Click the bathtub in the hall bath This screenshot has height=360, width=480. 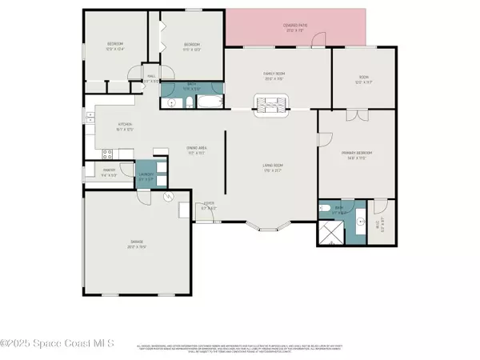pyautogui.click(x=207, y=102)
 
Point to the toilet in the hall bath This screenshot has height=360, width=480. pyautogui.click(x=186, y=102)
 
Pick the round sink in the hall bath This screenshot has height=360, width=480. pyautogui.click(x=170, y=102)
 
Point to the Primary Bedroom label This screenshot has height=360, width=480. pyautogui.click(x=358, y=154)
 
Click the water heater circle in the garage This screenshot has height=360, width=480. pyautogui.click(x=168, y=198)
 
